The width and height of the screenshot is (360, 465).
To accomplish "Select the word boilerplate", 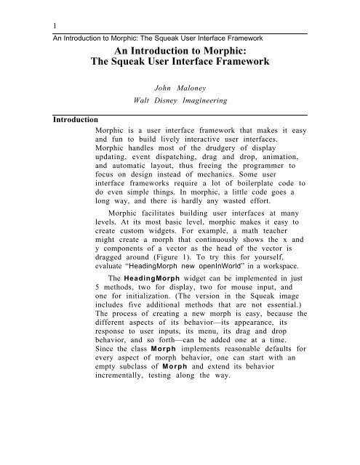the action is click(248, 185).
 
